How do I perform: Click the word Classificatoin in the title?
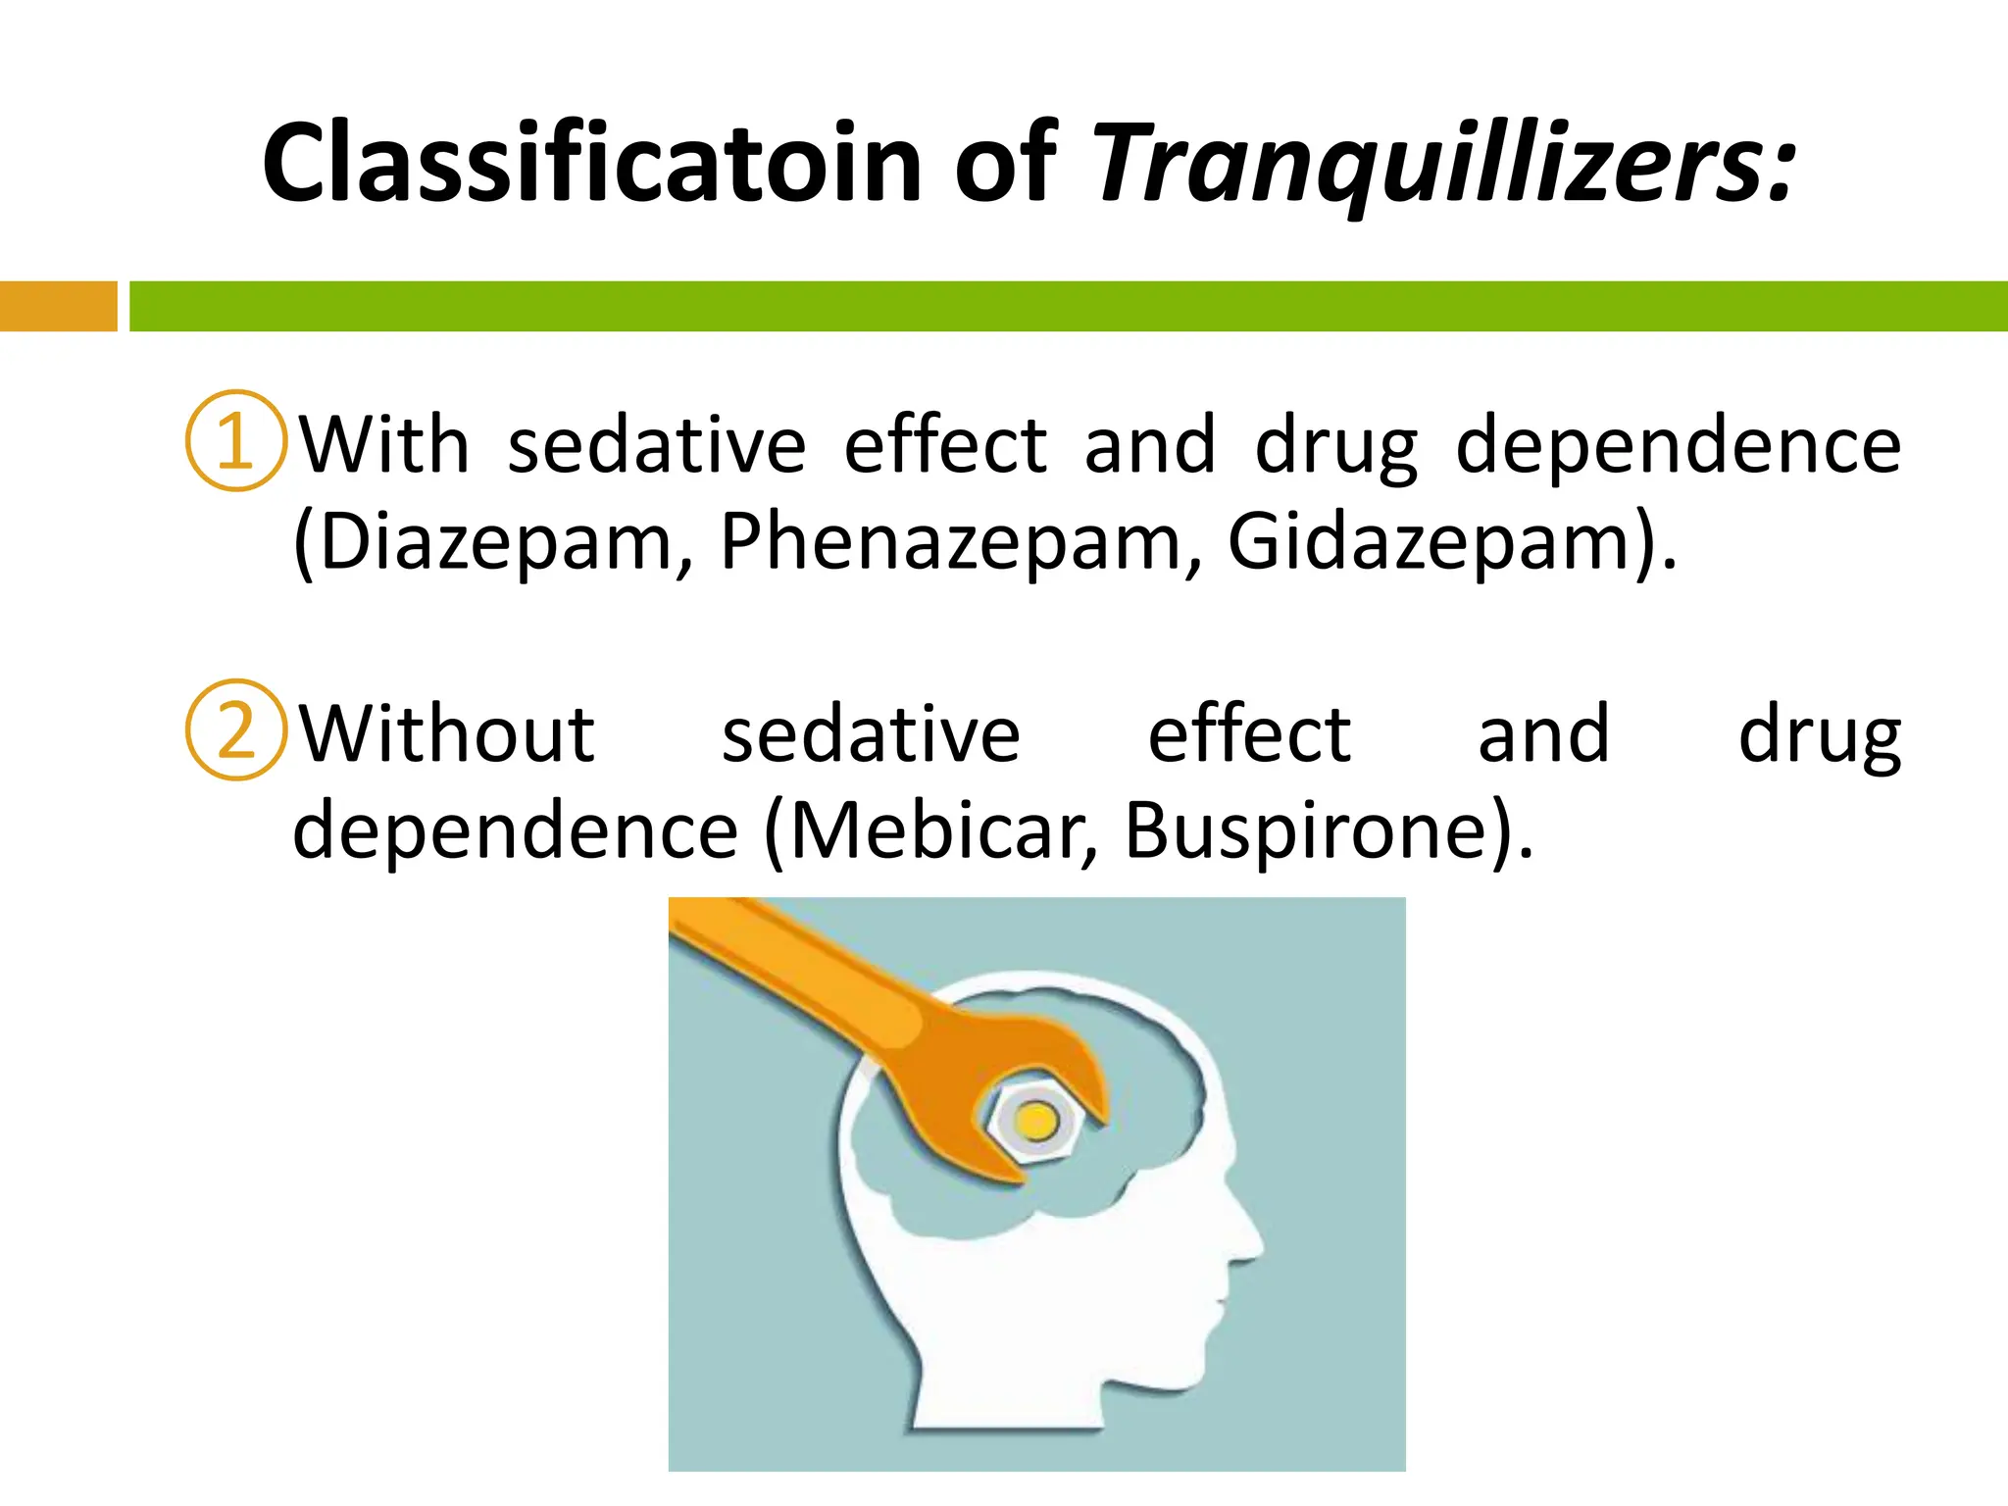point(592,163)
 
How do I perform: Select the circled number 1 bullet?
point(235,440)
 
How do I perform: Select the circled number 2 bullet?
point(235,729)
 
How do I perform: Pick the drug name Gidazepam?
point(1428,541)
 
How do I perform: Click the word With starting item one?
point(384,445)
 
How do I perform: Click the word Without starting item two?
point(446,734)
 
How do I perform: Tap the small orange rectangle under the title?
point(58,306)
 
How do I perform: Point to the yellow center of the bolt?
point(1035,1119)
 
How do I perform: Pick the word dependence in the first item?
point(1679,445)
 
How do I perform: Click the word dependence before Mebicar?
point(515,830)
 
